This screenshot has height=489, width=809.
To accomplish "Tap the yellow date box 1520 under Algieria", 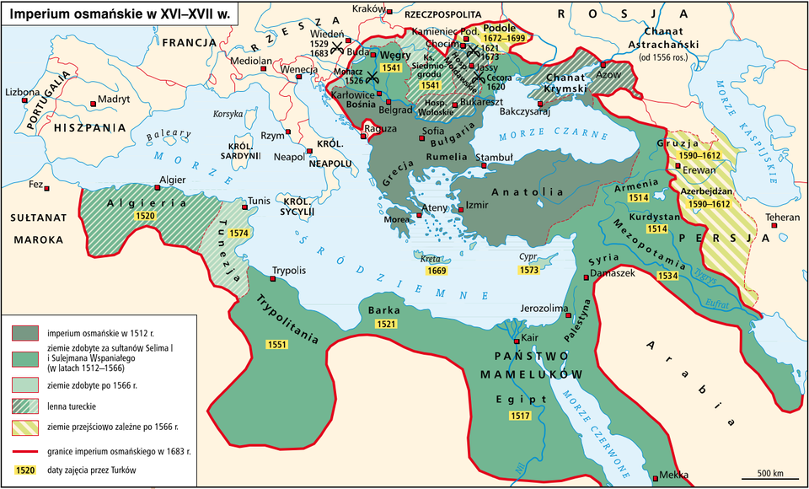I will point(146,217).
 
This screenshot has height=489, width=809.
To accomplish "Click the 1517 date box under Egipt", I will point(520,416).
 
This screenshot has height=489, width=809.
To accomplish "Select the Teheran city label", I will point(782,218).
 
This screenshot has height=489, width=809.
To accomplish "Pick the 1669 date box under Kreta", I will point(436,271).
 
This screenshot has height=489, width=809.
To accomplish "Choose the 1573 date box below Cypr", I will point(528,271).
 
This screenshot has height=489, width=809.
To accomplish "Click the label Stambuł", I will point(495,157).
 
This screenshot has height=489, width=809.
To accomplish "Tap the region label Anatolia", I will point(528,191).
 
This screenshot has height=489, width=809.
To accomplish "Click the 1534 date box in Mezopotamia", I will point(667,276).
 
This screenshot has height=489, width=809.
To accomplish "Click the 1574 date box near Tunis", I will point(239,233).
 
